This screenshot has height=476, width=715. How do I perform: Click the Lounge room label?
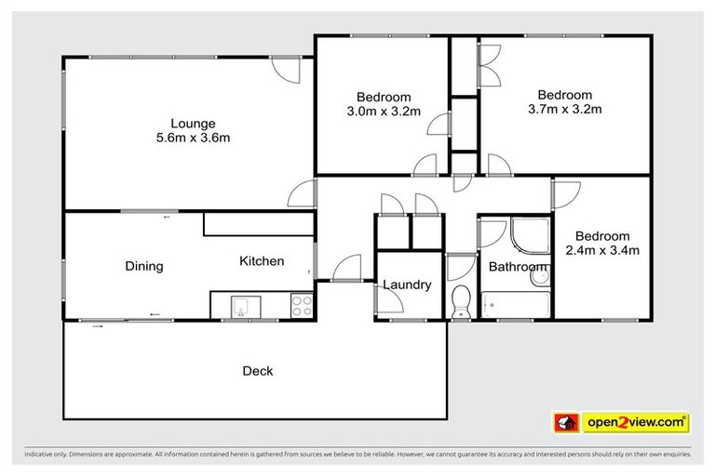[193, 123]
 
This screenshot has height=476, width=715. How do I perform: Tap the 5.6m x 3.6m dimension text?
[193, 139]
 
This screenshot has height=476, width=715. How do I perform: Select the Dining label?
[144, 266]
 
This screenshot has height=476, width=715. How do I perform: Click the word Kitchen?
[262, 261]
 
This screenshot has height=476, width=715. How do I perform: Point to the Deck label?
[258, 371]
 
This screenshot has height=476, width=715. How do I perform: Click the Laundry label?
[407, 284]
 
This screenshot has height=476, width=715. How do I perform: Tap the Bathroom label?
[518, 268]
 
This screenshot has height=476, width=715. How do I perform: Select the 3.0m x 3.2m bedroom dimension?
[384, 112]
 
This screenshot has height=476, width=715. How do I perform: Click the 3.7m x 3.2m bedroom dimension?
[565, 110]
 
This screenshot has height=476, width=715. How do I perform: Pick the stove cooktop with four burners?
[302, 305]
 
